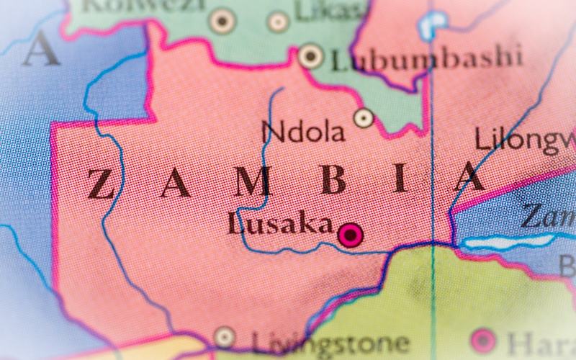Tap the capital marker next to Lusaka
coord(351,235)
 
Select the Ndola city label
coord(302,132)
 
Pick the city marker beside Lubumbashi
coord(310,55)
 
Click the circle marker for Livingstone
coord(225,337)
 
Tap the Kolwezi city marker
coord(222,21)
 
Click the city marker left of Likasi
coord(278,22)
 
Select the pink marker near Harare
coord(482,341)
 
